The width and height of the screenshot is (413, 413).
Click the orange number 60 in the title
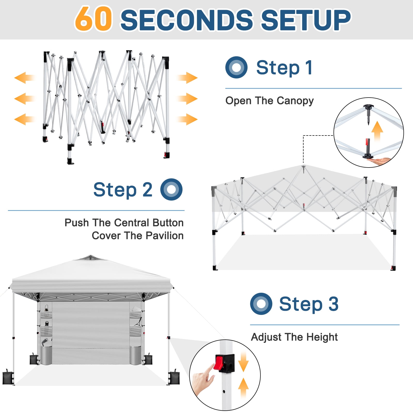pos(93,19)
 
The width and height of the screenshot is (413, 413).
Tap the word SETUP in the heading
pos(306,20)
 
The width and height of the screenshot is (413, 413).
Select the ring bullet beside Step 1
pos(236,67)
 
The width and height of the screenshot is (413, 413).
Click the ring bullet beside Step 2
pos(171,189)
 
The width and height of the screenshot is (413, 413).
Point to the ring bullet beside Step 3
pos(261,304)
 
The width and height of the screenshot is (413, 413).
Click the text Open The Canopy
pos(269,101)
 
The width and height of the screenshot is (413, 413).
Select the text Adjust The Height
pos(294,337)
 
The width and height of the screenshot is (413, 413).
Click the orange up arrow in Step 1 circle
pos(377,130)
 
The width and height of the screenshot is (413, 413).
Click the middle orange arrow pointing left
pos(25,99)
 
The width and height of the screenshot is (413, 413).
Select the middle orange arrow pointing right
pos(187,99)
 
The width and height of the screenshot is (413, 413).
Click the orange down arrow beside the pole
pos(243,361)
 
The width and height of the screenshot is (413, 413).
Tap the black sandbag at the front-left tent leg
pos(7,377)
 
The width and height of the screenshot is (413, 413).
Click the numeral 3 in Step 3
pos(333,304)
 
